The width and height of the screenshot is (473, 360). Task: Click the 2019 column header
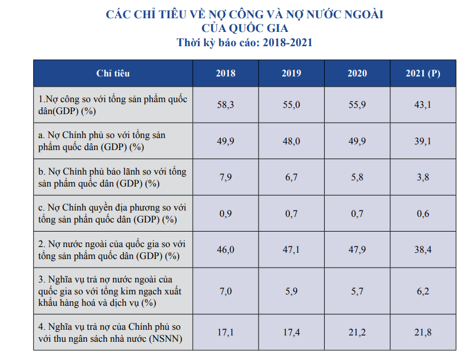point(292,73)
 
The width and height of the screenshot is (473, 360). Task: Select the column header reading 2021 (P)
point(423,73)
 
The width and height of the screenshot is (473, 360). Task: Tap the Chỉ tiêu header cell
point(113,73)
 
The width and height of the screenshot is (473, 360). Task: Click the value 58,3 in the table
point(225,104)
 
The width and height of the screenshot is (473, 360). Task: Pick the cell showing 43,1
point(423,104)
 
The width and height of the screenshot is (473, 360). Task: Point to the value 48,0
point(292,141)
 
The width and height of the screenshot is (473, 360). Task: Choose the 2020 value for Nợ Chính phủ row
point(357,141)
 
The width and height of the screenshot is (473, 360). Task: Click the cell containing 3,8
point(423,177)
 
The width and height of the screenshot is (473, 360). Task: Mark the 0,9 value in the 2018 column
point(225,213)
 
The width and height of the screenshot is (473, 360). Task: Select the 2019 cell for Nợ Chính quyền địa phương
point(292,213)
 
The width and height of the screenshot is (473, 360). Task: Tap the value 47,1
point(292,249)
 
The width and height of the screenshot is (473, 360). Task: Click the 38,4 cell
point(423,249)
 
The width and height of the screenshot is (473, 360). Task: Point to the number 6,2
point(423,291)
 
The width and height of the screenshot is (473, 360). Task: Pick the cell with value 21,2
point(357,331)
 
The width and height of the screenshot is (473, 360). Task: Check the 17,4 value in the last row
point(292,331)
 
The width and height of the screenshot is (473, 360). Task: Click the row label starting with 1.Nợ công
point(112,104)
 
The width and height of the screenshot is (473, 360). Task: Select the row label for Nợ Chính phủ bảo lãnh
point(112,177)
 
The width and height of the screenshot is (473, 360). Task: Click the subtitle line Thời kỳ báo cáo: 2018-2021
point(245,43)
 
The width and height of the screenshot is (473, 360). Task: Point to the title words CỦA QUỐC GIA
point(245,28)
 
